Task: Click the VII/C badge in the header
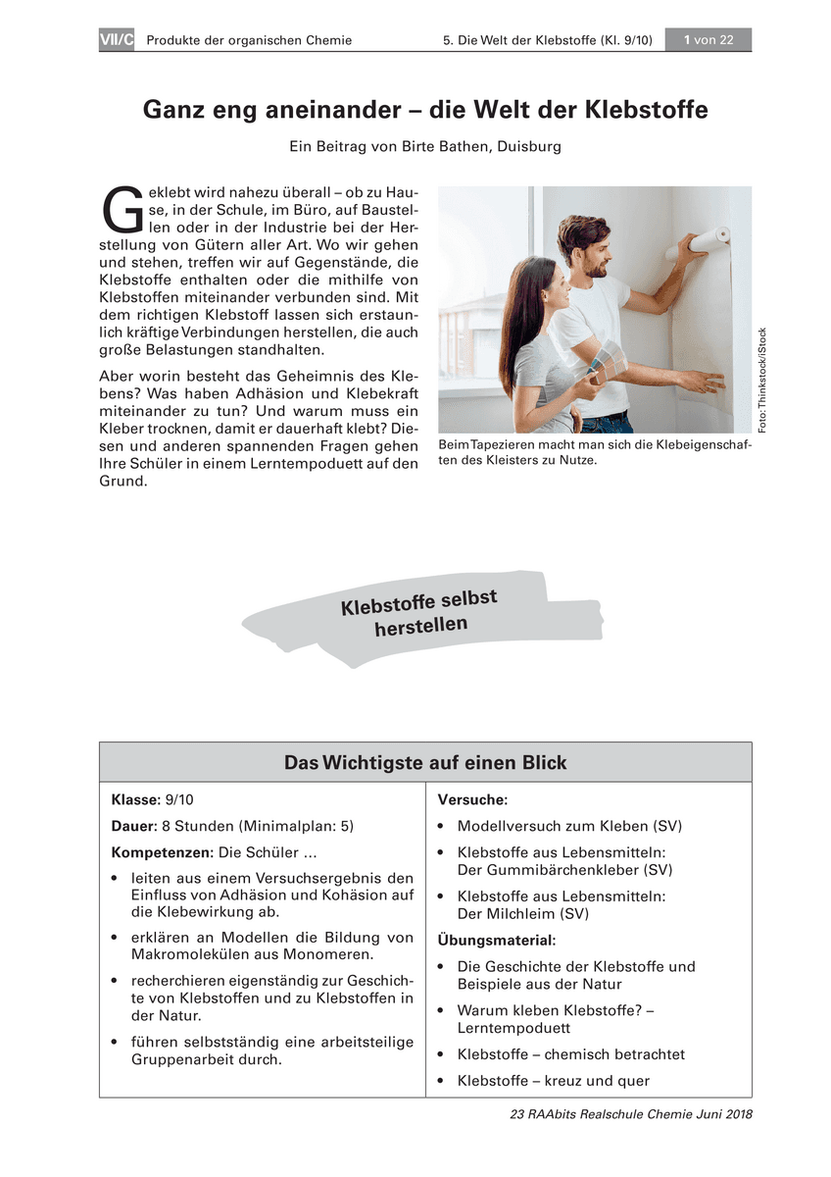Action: [x=116, y=40]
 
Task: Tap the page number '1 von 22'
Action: [x=709, y=40]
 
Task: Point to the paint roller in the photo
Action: [x=702, y=241]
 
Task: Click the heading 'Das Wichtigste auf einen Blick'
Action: [x=425, y=762]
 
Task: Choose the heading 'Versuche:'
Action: [x=472, y=800]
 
